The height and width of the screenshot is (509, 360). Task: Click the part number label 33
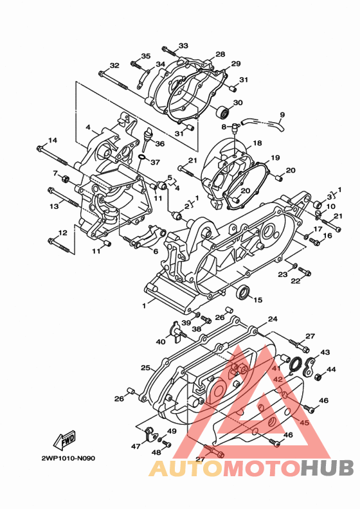(183, 46)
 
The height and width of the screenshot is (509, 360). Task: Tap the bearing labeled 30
(222, 112)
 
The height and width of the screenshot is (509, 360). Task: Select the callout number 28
(220, 54)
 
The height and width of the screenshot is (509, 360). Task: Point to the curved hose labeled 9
(264, 123)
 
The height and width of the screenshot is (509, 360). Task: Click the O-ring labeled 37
(142, 157)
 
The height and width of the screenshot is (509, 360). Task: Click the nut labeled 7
(65, 178)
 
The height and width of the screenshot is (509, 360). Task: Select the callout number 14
(53, 140)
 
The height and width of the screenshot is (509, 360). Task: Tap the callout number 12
(62, 233)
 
